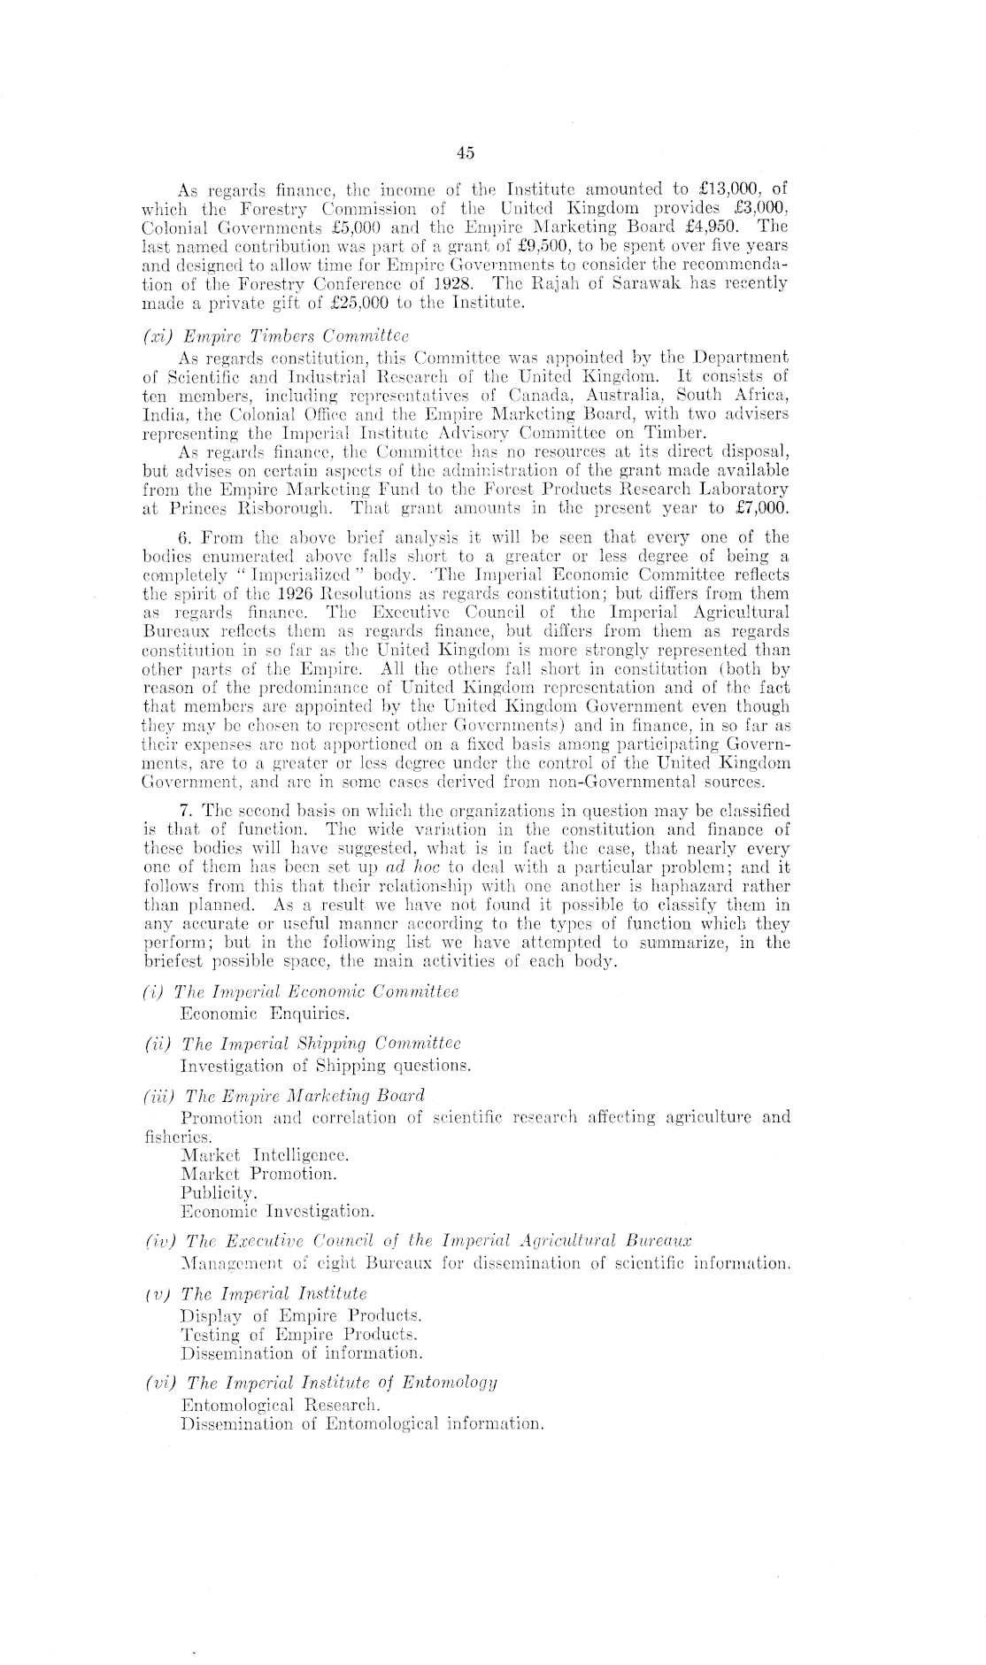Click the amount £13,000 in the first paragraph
pos(723,189)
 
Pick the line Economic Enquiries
pos(250,1013)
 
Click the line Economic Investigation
pos(277,1211)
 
